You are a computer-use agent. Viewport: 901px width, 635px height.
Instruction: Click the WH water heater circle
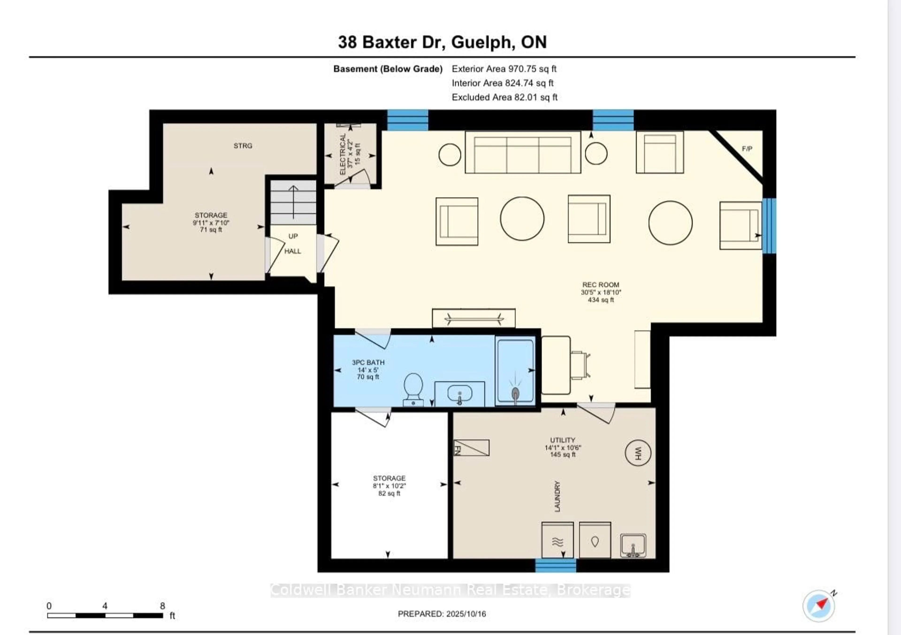point(638,453)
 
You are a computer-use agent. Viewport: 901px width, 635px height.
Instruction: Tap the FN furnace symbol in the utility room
point(471,448)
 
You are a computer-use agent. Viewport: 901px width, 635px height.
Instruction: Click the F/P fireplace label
point(747,149)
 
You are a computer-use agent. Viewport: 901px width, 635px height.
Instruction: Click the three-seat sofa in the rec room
point(523,152)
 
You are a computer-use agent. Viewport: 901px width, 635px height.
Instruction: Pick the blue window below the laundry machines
point(556,566)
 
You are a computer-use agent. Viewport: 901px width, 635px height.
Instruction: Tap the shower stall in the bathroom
point(515,371)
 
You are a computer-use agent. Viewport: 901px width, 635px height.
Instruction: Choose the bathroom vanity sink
point(459,394)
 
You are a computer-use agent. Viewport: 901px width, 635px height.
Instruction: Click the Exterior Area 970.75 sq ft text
point(504,69)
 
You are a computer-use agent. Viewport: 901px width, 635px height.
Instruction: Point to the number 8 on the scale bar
point(162,606)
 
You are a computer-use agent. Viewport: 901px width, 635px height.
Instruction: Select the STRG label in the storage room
point(243,145)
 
